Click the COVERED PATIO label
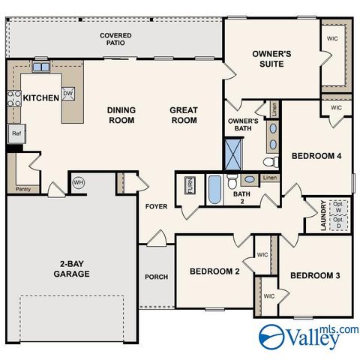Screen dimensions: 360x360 click(x=115, y=39)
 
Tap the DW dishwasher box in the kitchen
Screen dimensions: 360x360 click(x=68, y=93)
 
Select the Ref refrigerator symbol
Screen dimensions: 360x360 click(x=16, y=133)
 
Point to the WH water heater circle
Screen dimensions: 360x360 click(x=79, y=182)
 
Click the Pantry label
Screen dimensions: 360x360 click(x=22, y=189)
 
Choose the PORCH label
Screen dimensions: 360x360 click(x=156, y=277)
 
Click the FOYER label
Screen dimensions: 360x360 click(x=156, y=205)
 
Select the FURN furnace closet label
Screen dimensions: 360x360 click(x=190, y=186)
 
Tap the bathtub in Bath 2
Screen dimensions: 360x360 click(x=214, y=188)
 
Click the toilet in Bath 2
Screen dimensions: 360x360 click(x=233, y=181)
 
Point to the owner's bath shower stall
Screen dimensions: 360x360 click(x=235, y=152)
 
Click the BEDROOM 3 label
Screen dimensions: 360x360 click(x=315, y=276)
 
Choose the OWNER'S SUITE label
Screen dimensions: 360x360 click(x=271, y=59)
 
